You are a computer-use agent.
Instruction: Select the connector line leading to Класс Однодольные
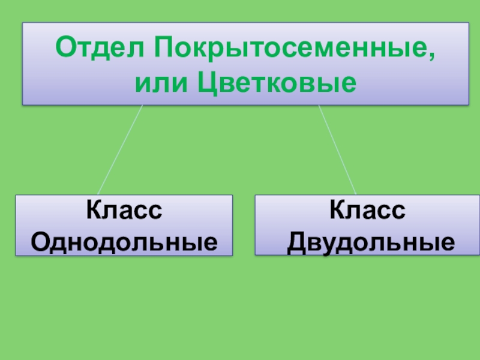(x=120, y=150)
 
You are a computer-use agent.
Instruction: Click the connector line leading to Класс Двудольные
(x=337, y=150)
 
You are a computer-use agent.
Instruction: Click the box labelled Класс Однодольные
(x=124, y=226)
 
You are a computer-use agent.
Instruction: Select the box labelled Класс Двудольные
(x=367, y=226)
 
